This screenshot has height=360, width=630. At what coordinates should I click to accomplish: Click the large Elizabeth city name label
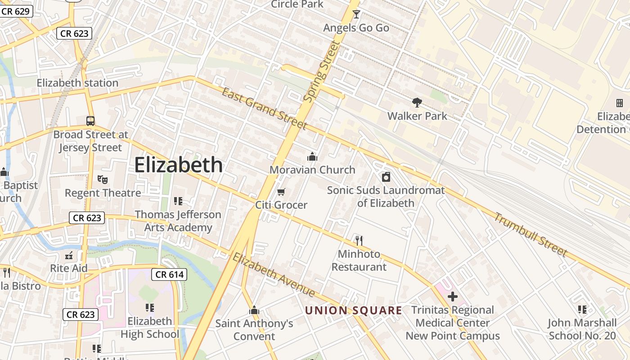[x=179, y=165]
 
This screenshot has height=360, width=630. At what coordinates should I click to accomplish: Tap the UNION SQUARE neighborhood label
[x=353, y=310]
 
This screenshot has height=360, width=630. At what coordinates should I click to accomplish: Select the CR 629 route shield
[x=16, y=11]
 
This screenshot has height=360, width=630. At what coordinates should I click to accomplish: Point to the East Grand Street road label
[x=264, y=108]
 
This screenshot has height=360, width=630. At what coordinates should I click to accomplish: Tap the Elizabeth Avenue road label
[x=273, y=274]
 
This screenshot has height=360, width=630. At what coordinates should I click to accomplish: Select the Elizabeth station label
[x=77, y=83]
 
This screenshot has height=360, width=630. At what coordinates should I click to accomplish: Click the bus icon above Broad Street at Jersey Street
[x=90, y=121]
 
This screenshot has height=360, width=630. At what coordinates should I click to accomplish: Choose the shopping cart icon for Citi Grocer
[x=281, y=192]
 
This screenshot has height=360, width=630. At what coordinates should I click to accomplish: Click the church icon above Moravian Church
[x=312, y=157]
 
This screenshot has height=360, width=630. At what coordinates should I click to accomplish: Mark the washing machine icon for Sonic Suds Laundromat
[x=386, y=177]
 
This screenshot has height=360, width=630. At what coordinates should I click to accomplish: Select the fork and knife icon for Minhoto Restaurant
[x=359, y=241]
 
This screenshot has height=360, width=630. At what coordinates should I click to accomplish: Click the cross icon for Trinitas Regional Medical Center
[x=453, y=297]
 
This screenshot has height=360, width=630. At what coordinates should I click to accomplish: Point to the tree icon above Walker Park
[x=417, y=103]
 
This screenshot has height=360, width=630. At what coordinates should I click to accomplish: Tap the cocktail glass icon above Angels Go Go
[x=356, y=14]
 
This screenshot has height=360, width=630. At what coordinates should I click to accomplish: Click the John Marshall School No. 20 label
[x=582, y=329]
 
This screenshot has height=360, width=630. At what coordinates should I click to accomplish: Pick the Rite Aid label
[x=69, y=268]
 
